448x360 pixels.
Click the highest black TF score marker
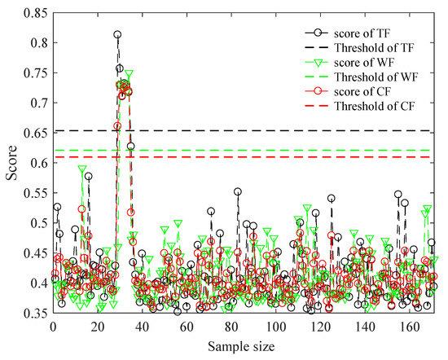click(x=117, y=35)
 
